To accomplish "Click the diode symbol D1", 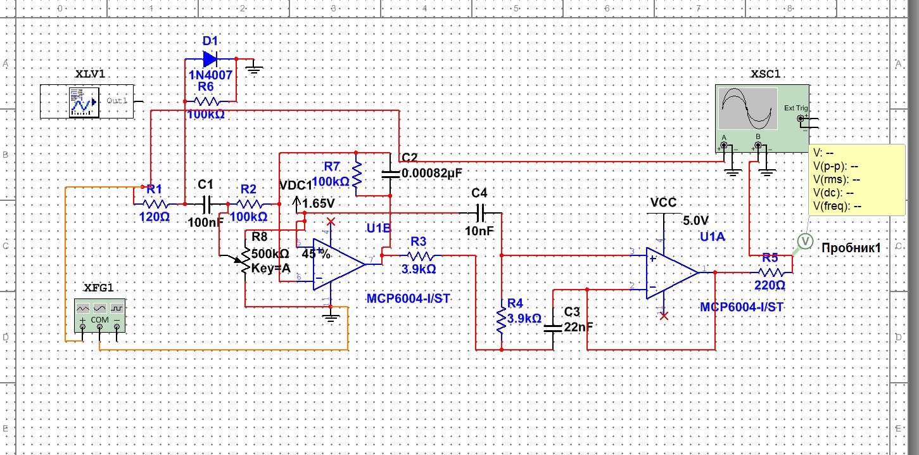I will point(210,59).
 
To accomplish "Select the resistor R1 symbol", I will point(154,204).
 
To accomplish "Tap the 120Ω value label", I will point(154,217).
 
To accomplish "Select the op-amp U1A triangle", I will point(671,272).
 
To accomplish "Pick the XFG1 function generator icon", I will point(100,316).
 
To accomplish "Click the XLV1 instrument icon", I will point(84,101).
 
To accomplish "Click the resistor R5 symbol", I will point(770,272).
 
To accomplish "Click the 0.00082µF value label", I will point(437,173).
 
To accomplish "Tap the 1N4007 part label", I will point(210,75).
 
